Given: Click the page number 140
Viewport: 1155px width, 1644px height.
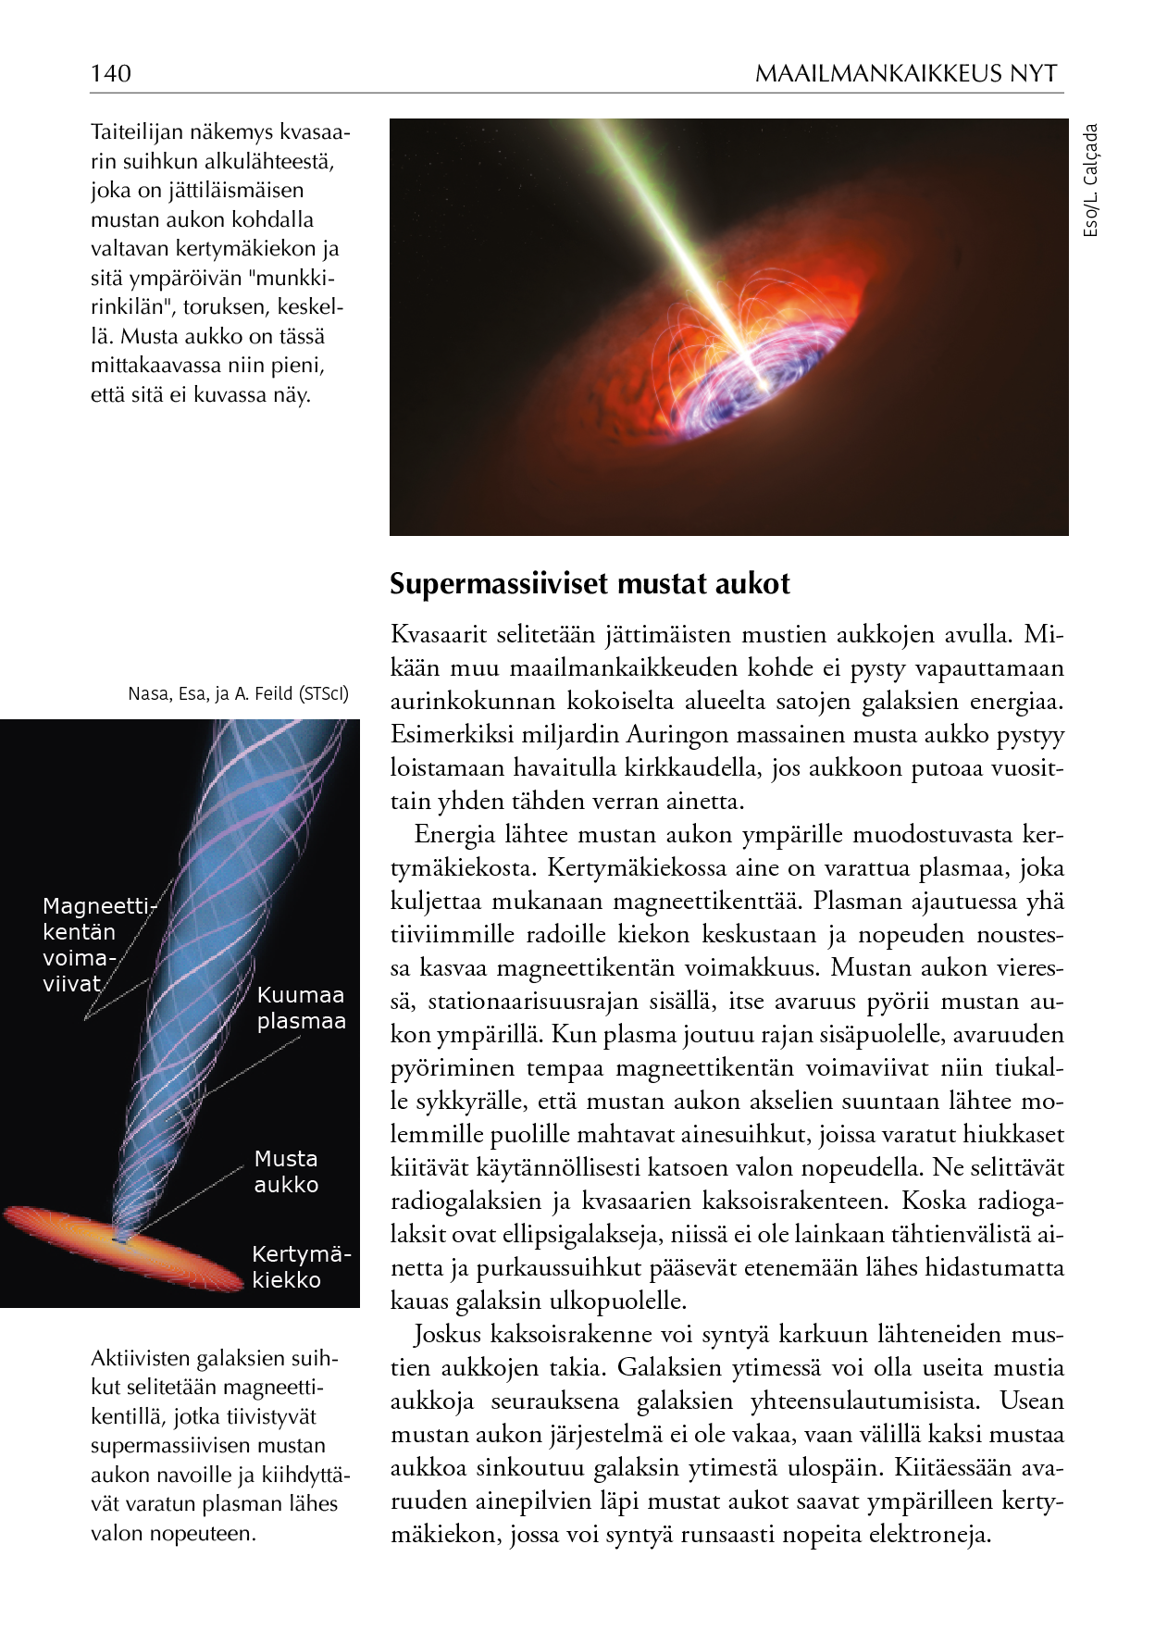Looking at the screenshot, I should [111, 73].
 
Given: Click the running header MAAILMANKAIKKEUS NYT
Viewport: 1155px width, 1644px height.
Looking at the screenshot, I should [905, 73].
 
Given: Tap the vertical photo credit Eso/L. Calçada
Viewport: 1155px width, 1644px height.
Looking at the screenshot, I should [1091, 181].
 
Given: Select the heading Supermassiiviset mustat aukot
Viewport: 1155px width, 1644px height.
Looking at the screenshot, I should [590, 584].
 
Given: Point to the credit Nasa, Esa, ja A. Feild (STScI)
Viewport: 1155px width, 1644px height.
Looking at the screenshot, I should [239, 693].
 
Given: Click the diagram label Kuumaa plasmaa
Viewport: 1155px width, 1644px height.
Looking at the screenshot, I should [301, 1008].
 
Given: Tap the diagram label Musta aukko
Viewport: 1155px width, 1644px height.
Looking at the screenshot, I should [286, 1171].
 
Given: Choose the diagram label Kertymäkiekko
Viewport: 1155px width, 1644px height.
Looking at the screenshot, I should [301, 1267].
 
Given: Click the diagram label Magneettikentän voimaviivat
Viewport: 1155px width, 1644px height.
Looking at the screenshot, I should [96, 944].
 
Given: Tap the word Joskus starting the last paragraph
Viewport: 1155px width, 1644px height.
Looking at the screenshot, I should [448, 1335].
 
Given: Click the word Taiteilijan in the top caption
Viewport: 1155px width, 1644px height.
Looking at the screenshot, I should [136, 132].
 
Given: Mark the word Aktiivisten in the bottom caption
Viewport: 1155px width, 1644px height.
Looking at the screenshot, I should [142, 1359].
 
